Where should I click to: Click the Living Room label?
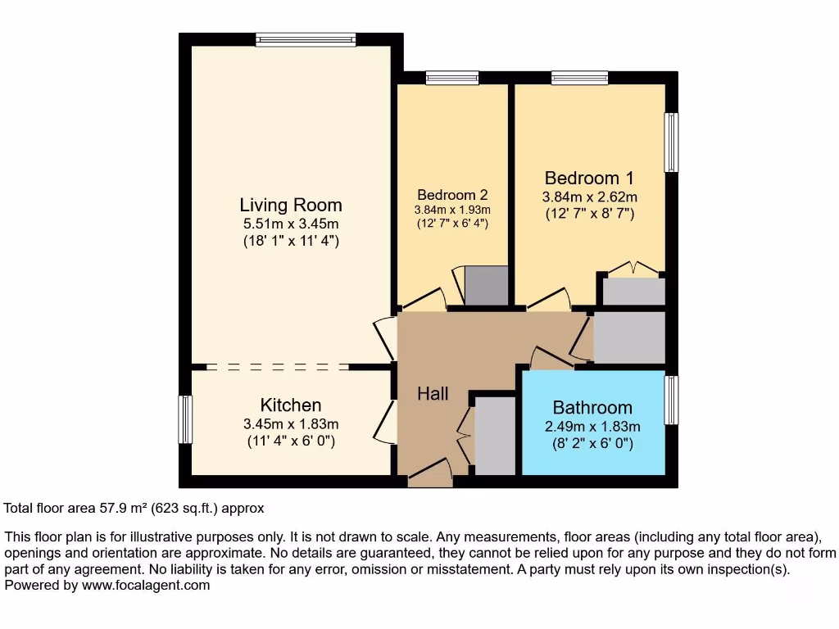pyautogui.click(x=291, y=205)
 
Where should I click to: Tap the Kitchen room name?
pyautogui.click(x=291, y=405)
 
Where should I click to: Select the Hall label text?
pyautogui.click(x=433, y=394)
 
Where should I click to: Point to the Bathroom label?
pyautogui.click(x=592, y=407)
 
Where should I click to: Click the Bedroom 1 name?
pyautogui.click(x=589, y=178)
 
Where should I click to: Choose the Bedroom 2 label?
pyautogui.click(x=452, y=195)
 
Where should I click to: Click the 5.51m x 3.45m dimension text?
pyautogui.click(x=291, y=224)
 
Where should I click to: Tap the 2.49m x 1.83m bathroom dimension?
pyautogui.click(x=592, y=427)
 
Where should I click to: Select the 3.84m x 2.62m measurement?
pyautogui.click(x=590, y=197)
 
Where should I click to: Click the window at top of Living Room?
pyautogui.click(x=305, y=39)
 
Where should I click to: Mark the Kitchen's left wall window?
pyautogui.click(x=185, y=419)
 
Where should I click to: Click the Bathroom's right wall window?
pyautogui.click(x=671, y=400)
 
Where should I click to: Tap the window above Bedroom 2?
pyautogui.click(x=452, y=78)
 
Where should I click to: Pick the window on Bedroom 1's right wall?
pyautogui.click(x=671, y=142)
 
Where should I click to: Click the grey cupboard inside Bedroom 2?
pyautogui.click(x=486, y=285)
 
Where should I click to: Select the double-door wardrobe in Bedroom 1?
pyautogui.click(x=633, y=290)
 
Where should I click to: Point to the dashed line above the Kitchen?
pyautogui.click(x=279, y=367)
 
